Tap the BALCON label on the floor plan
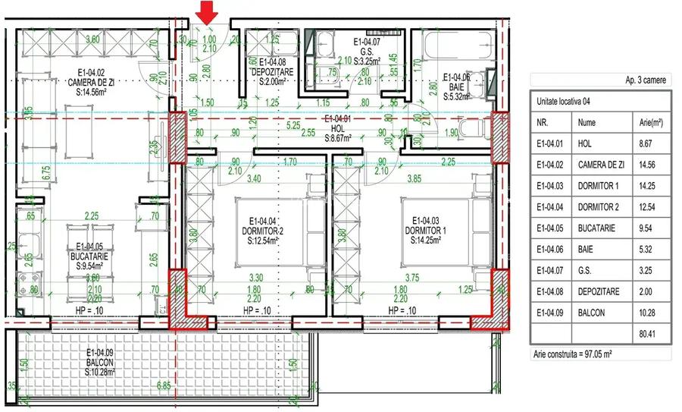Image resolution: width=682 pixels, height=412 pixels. coord(99,362)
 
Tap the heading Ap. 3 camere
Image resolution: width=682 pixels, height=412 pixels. coord(644,79)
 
